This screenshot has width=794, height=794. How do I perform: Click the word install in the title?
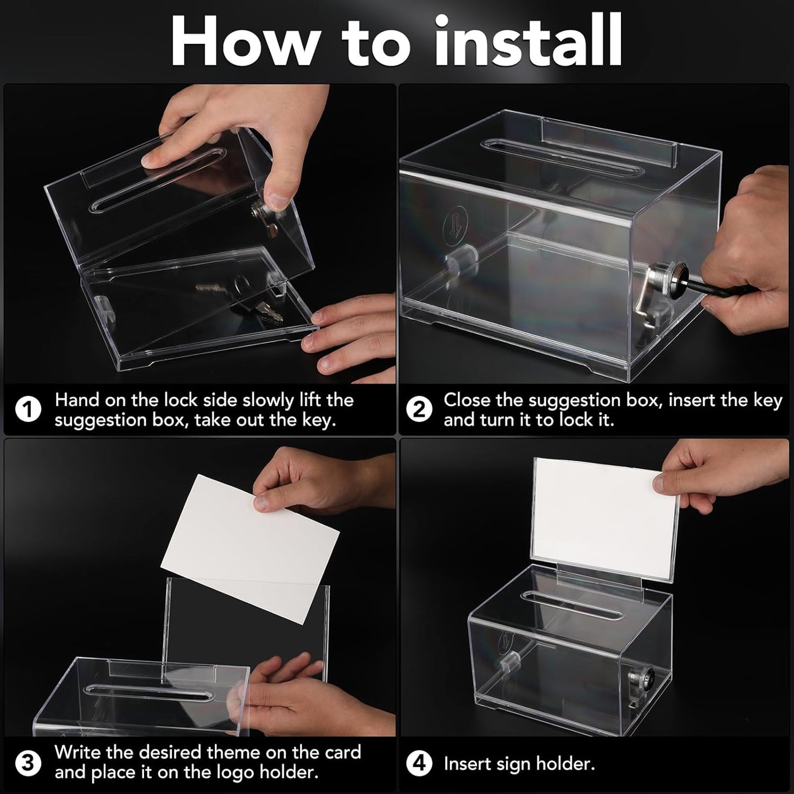[x=528, y=41]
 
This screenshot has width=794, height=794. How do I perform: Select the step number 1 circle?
[x=28, y=410]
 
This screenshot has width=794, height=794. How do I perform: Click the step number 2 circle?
[x=419, y=410]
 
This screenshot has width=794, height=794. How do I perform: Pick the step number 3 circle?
[x=28, y=763]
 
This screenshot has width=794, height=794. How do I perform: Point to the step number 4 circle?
[x=419, y=764]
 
